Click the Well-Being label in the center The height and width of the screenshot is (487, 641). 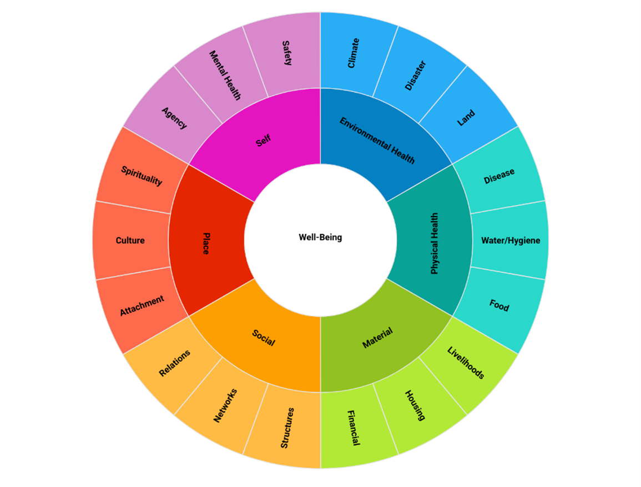(x=320, y=238)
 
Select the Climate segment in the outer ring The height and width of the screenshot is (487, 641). (x=354, y=53)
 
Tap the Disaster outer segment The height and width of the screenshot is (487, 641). (x=416, y=76)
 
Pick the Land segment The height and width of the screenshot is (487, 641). (x=466, y=118)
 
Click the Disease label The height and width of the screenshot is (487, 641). (x=499, y=176)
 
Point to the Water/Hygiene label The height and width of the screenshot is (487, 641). (x=511, y=240)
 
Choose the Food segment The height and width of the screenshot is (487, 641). (x=499, y=305)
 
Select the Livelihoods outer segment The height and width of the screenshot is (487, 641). (x=466, y=363)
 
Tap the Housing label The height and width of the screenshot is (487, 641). (x=415, y=405)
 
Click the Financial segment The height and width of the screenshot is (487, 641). (x=354, y=428)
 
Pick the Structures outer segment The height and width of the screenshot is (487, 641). (x=287, y=428)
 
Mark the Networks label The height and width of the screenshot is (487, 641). (x=225, y=405)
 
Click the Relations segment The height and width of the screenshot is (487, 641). (x=175, y=363)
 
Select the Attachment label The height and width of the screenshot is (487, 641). (x=142, y=305)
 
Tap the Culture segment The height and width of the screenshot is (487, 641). (x=130, y=240)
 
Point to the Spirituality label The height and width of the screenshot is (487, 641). (x=142, y=175)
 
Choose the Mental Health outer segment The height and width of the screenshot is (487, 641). (x=225, y=76)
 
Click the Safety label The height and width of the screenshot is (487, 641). (x=287, y=53)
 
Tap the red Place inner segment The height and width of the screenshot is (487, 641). (x=205, y=243)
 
